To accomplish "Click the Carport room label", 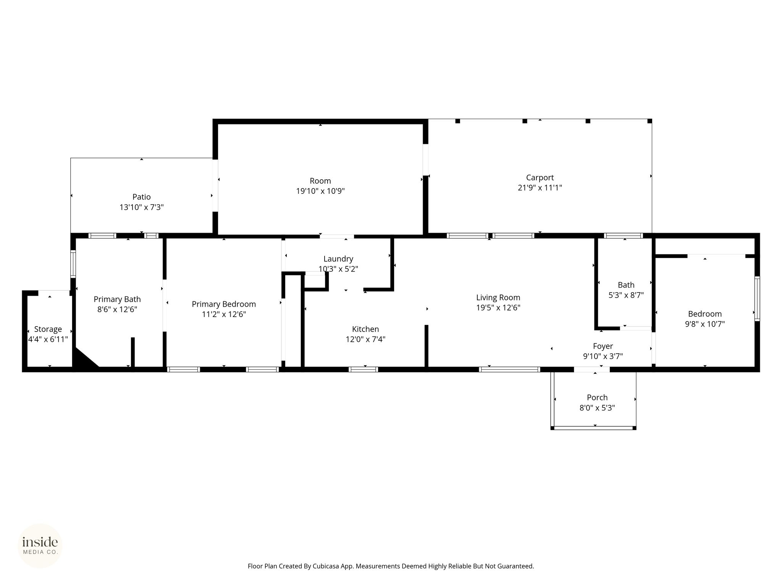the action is pyautogui.click(x=540, y=177).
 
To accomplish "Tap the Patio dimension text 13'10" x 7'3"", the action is pyautogui.click(x=142, y=207).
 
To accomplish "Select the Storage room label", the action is pyautogui.click(x=48, y=329).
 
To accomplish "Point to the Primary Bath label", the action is pyautogui.click(x=117, y=299).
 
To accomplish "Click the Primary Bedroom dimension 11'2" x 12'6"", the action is pyautogui.click(x=224, y=314).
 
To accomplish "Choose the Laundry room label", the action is pyautogui.click(x=338, y=259).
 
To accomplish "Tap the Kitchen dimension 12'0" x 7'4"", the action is pyautogui.click(x=365, y=339).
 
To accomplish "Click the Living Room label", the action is pyautogui.click(x=498, y=298).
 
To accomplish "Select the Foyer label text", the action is pyautogui.click(x=603, y=346).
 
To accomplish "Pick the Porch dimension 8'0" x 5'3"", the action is pyautogui.click(x=597, y=408).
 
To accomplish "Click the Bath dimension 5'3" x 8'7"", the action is pyautogui.click(x=626, y=295).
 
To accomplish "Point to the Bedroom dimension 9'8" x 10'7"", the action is pyautogui.click(x=705, y=324).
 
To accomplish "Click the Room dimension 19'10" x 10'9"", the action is pyautogui.click(x=320, y=191).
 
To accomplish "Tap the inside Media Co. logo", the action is pyautogui.click(x=40, y=546).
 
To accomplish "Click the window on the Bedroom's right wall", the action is pyautogui.click(x=757, y=299).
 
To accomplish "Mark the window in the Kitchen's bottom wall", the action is pyautogui.click(x=363, y=369).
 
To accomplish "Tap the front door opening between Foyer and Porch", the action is pyautogui.click(x=591, y=369).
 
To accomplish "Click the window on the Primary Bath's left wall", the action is pyautogui.click(x=73, y=263).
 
